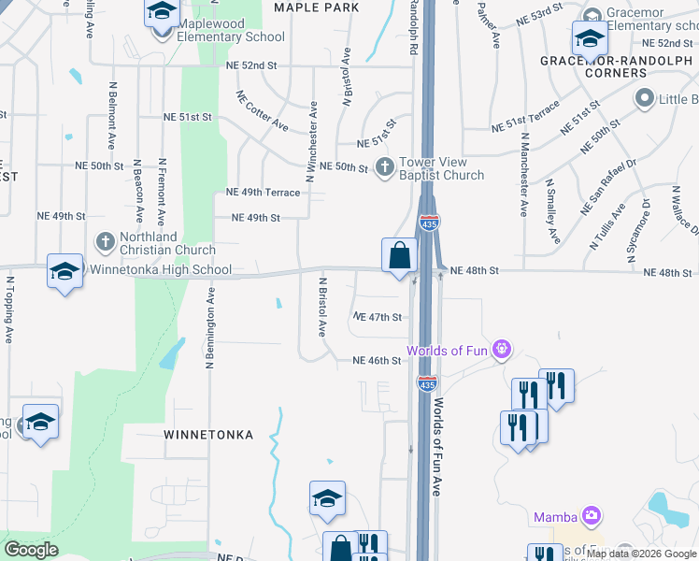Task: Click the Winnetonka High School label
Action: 160,270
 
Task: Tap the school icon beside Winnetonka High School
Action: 64,271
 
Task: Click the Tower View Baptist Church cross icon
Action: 384,167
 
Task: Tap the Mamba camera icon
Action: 591,516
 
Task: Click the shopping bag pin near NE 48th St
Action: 399,254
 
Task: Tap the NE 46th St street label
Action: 377,361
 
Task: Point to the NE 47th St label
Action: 377,317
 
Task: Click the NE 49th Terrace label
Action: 263,193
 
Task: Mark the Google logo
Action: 30,550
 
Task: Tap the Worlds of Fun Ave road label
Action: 436,448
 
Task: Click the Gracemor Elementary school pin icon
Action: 591,39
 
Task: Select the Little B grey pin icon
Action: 644,98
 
